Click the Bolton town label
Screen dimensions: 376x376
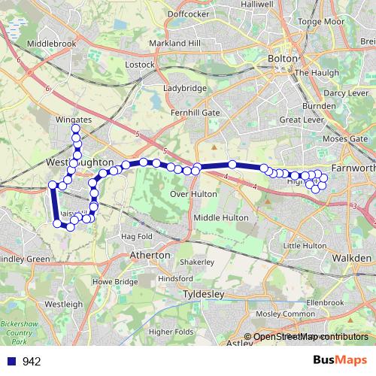283,58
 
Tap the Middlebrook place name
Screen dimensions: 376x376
52,44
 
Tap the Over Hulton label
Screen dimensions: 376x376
194,193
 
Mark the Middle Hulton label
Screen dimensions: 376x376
221,217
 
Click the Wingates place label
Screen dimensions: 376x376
74,119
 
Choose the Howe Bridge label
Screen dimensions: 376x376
115,281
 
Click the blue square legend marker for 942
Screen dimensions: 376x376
11,362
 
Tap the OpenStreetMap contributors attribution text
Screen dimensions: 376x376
310,337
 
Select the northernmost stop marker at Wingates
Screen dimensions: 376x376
76,129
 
